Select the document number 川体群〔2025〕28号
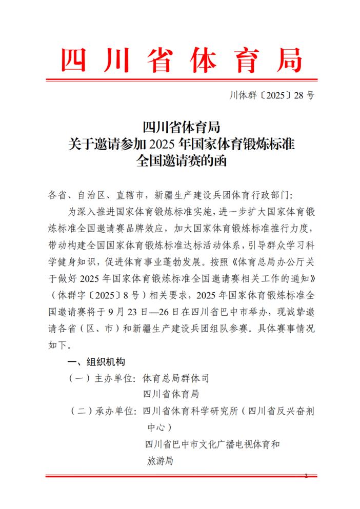click(x=271, y=96)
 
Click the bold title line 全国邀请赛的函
click(x=180, y=160)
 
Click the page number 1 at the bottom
click(x=306, y=476)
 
